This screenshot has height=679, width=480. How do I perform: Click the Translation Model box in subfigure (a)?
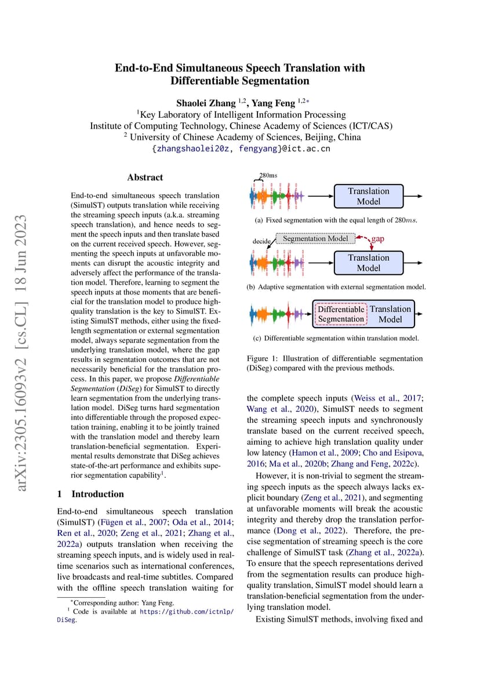368,197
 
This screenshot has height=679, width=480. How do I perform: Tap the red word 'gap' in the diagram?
377,238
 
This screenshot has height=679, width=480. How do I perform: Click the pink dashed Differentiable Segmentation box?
341,314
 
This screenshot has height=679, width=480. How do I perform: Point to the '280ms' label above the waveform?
267,175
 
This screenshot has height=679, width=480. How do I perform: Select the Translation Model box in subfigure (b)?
368,263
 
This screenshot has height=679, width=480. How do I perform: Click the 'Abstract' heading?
145,177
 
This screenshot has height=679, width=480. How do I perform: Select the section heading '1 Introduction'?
90,494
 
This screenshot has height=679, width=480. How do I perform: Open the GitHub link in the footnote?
187,611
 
